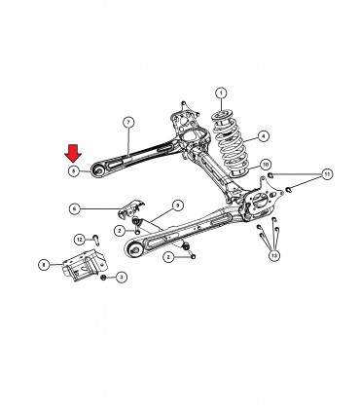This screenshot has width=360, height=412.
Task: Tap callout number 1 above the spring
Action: pos(221,94)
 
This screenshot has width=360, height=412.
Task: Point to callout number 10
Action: pos(266,164)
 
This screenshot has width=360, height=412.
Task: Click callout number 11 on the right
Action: pos(328,174)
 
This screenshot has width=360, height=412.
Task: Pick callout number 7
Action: pos(127,121)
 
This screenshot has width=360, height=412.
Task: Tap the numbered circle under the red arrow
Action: pos(74,170)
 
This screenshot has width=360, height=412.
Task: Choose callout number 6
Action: pos(74,207)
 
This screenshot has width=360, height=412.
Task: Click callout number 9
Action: pos(177,205)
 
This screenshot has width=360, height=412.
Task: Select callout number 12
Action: pos(80,239)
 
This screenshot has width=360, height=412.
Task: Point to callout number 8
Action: pos(44,264)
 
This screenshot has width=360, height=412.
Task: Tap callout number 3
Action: pos(122,278)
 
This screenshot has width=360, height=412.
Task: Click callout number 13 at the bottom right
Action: pos(274,255)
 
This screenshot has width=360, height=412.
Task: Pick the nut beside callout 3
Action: pos(102,278)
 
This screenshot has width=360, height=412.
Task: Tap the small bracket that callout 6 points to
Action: pos(127,208)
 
